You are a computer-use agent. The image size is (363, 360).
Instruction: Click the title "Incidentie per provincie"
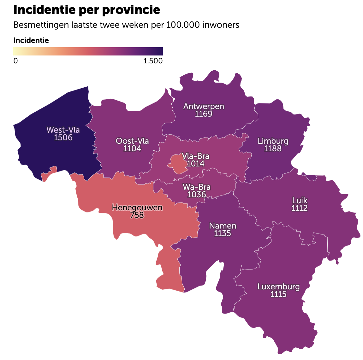coord(87,10)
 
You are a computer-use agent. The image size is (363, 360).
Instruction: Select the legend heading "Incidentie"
coord(31,40)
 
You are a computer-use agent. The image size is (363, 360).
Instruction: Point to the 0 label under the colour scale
coord(16,61)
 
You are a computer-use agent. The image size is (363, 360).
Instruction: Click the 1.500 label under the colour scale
coord(153,61)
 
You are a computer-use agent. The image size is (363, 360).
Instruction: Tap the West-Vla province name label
coord(63,130)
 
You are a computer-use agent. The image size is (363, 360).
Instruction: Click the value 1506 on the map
coord(63,137)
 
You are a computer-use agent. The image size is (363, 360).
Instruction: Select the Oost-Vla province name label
coord(132,141)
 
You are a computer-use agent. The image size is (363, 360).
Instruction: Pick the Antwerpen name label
coord(204,106)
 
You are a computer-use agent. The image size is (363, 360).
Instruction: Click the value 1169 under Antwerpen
coord(204,114)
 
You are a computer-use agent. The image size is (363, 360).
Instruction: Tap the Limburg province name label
coord(273,141)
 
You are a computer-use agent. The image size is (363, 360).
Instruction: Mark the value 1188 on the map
coord(273,148)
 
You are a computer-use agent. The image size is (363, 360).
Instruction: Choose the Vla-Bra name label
coord(196,156)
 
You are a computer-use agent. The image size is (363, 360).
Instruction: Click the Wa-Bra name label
coord(197,187)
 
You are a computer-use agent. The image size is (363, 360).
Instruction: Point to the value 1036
coord(197,195)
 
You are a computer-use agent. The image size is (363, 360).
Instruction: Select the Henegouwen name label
coord(137,207)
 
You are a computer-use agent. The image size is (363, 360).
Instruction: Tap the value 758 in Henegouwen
coord(137,215)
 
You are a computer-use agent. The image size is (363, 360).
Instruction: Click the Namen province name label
coord(223,226)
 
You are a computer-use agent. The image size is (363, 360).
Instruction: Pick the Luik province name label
coord(300,200)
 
